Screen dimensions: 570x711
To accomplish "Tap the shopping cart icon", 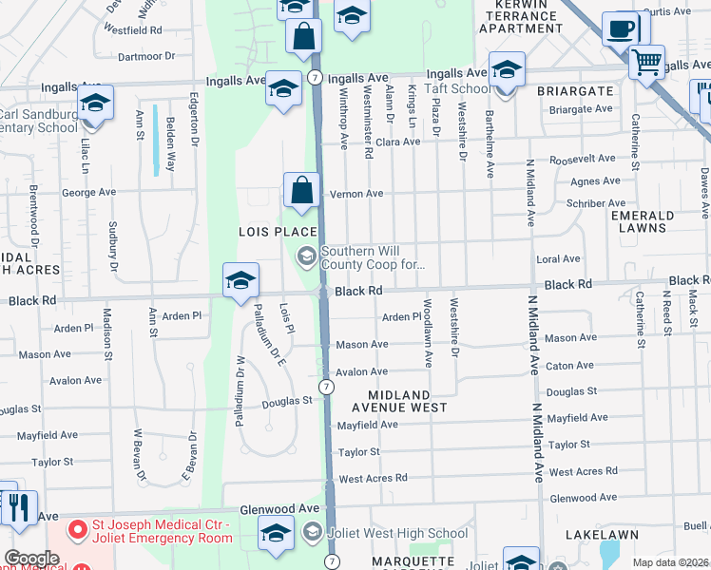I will click(x=646, y=63).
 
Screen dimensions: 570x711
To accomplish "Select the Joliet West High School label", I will click(x=397, y=533).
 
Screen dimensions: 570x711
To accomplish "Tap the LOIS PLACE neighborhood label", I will click(x=277, y=233).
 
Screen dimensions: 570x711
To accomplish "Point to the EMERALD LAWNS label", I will click(x=643, y=221).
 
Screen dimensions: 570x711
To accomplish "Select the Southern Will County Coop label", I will click(x=372, y=257).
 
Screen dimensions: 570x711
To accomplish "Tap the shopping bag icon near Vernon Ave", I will click(x=301, y=190).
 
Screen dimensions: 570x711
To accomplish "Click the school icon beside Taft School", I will click(x=506, y=69).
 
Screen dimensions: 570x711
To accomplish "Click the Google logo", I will click(x=30, y=559).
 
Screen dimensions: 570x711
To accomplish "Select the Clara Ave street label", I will click(x=397, y=142).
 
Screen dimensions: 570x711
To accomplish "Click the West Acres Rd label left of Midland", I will click(x=373, y=479).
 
